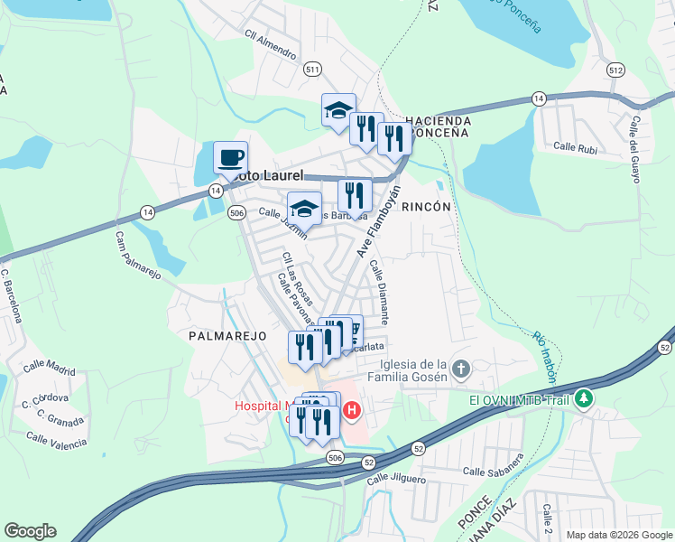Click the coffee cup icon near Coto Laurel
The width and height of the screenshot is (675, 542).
pyautogui.click(x=230, y=157)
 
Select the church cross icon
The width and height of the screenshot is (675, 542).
pyautogui.click(x=460, y=369)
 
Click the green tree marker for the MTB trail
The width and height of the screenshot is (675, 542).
pyautogui.click(x=585, y=397)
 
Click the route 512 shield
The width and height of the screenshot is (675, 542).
pyautogui.click(x=615, y=70)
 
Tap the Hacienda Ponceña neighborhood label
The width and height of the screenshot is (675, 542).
pyautogui.click(x=438, y=126)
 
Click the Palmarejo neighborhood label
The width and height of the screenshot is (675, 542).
pyautogui.click(x=227, y=335)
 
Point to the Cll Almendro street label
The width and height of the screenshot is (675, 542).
pyautogui.click(x=270, y=48)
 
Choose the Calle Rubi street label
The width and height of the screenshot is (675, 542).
pyautogui.click(x=576, y=146)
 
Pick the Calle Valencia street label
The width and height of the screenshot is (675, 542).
pyautogui.click(x=57, y=440)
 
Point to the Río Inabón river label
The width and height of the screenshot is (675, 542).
pyautogui.click(x=543, y=356)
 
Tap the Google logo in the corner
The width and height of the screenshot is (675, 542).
pyautogui.click(x=30, y=531)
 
